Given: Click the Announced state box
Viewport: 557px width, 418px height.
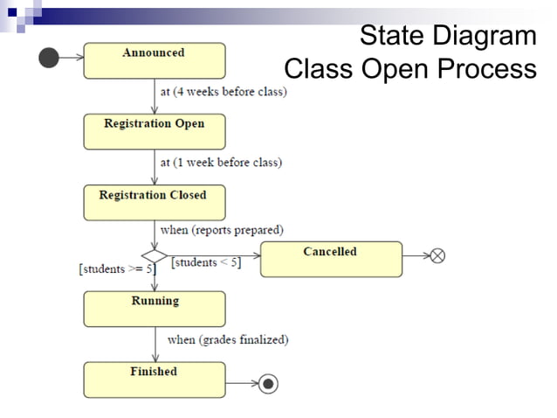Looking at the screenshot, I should coord(154,60).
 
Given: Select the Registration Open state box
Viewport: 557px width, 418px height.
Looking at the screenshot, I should coord(154,131).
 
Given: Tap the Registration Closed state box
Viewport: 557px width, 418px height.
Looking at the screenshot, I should coord(154,202).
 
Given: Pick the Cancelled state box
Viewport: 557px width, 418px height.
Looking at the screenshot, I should coord(331,259).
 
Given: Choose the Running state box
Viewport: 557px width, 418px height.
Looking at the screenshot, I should coord(154,309).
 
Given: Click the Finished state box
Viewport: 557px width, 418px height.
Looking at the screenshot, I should coord(154,380).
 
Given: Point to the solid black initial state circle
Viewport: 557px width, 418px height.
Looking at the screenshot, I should coord(49,58).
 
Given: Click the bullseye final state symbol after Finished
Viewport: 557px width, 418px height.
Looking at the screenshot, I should coord(268,383).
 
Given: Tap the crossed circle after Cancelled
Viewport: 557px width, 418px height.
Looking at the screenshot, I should coord(438,255).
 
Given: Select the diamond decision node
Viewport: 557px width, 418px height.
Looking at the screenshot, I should coord(154,255).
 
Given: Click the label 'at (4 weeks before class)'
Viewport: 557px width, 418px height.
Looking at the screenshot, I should coord(223,92).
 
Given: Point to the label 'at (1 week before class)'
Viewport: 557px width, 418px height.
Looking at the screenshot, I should coord(221,163).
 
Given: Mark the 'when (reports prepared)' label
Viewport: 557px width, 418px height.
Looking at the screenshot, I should coord(222,230).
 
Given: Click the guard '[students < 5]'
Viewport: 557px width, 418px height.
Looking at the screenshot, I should coord(206,263).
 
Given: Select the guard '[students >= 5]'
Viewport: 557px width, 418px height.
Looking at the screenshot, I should coord(117,269).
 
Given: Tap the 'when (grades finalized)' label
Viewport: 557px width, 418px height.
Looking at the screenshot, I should coord(227,339).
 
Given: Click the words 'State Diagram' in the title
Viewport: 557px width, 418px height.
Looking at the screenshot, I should coord(448,37).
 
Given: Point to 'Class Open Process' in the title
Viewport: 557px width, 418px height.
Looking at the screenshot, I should coord(410,68).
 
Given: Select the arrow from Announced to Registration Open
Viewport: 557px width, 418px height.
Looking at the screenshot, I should coord(155,96).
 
